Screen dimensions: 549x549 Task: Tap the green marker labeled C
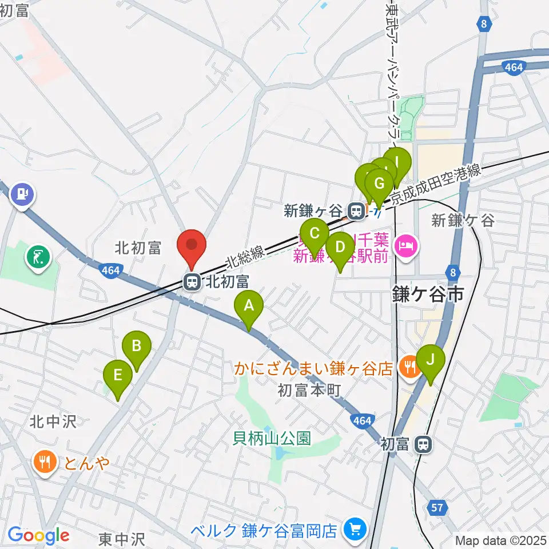[315, 234]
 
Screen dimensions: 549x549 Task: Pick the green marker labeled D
[340, 248]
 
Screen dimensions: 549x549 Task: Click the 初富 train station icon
[423, 443]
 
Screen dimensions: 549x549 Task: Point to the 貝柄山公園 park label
[272, 439]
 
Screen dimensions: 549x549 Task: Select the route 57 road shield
[437, 506]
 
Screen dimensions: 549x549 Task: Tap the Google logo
[38, 536]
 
